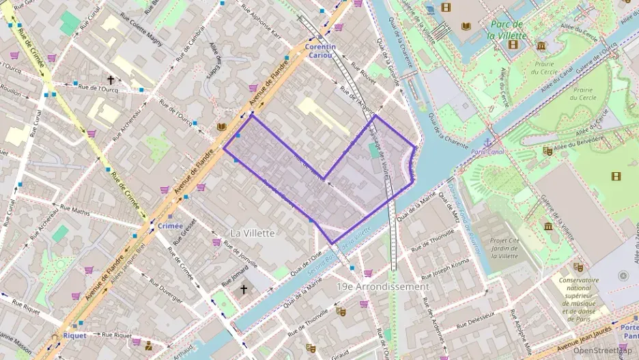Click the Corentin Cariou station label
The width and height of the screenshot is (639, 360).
[x=321, y=51]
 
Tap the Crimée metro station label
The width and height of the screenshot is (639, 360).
[x=170, y=226]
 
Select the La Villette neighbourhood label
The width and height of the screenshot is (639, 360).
[x=253, y=233]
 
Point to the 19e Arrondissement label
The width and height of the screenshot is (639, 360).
[x=382, y=287]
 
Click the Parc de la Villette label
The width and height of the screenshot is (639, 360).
[x=509, y=30]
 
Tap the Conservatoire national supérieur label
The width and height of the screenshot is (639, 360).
[x=579, y=294]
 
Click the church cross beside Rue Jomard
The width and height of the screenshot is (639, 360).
[x=244, y=290]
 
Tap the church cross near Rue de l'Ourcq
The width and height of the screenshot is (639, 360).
[x=111, y=80]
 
